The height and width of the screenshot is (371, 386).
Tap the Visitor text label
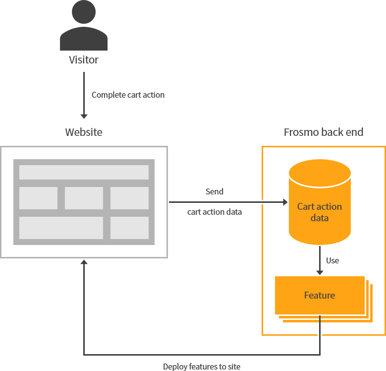(x=84, y=60)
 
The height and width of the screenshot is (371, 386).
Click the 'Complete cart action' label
(x=128, y=95)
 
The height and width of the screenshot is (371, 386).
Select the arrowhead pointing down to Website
(x=84, y=116)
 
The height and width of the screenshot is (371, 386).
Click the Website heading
(x=84, y=132)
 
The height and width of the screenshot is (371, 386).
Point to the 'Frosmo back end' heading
(x=323, y=132)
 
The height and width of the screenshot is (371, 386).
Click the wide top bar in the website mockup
(x=84, y=172)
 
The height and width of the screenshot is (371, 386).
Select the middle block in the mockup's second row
(x=84, y=198)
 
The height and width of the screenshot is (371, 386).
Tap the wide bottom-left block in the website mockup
(x=61, y=228)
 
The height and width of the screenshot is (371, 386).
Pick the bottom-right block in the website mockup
(x=129, y=228)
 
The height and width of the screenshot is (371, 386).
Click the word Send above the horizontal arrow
(x=215, y=191)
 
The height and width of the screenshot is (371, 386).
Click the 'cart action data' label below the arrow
(x=215, y=212)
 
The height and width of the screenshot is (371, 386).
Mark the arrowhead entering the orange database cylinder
(x=284, y=202)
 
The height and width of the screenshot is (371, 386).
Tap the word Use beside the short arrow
(x=332, y=260)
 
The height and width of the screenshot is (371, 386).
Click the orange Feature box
(x=320, y=295)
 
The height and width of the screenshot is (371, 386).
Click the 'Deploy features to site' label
(x=202, y=367)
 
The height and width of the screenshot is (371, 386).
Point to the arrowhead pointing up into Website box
(x=84, y=262)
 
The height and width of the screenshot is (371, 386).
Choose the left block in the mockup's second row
(x=38, y=198)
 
